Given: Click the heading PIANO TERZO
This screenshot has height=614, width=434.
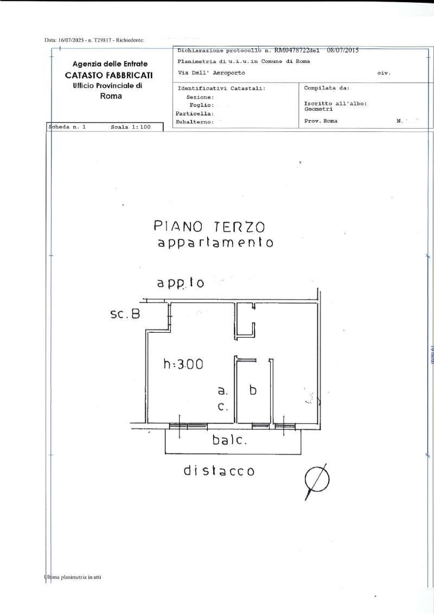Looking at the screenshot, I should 209,226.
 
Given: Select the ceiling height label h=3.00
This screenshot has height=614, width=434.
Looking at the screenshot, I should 183,364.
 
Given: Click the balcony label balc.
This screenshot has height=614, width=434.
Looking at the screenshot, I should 229,441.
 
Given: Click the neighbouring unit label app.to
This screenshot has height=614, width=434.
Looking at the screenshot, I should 180,283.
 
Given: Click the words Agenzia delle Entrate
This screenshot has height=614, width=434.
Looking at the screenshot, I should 110,64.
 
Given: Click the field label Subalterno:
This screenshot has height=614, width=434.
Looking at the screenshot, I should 194,122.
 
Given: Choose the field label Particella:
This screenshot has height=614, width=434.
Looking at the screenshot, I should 194,113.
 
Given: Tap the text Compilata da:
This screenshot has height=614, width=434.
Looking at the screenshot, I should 327,87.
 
